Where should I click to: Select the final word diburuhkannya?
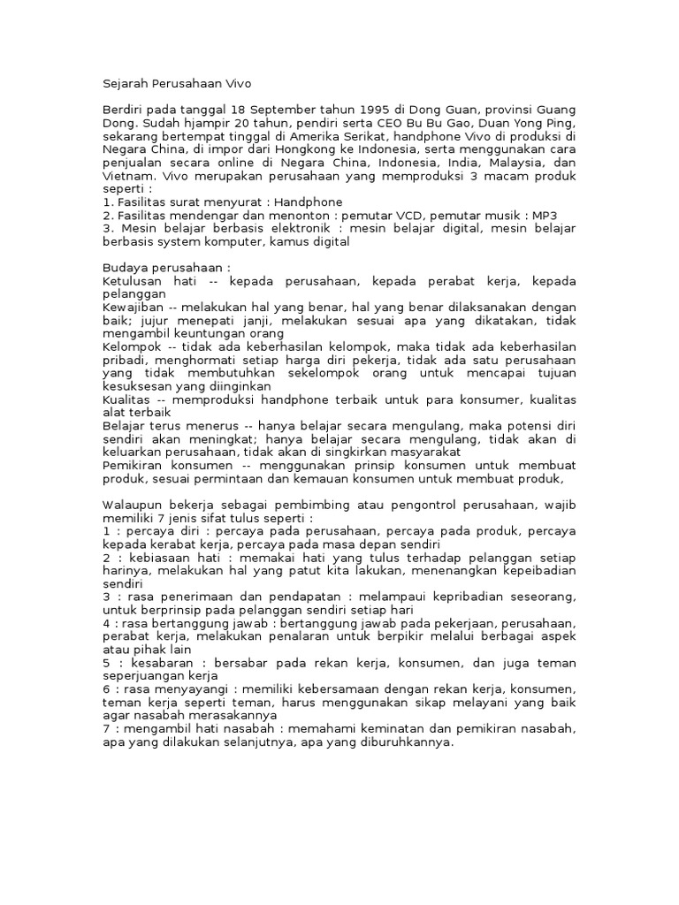(x=408, y=742)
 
